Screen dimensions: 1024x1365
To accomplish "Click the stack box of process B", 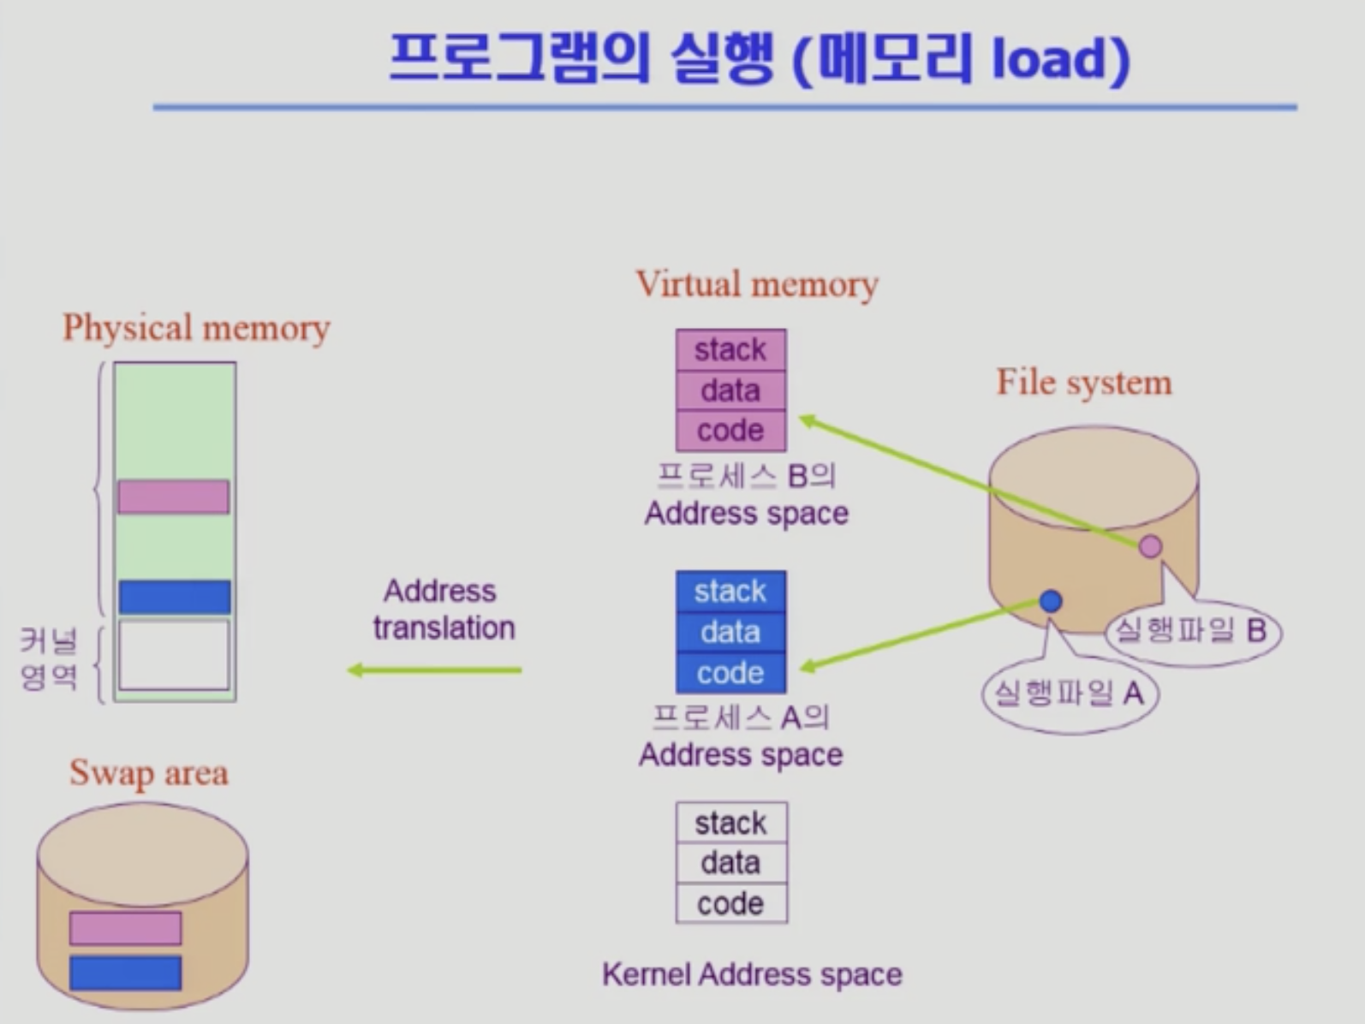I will point(730,349).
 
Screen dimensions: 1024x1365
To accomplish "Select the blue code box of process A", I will point(730,673).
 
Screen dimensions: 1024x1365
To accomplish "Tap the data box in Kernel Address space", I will point(730,862).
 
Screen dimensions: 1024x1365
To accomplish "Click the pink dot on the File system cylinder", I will point(1150,546).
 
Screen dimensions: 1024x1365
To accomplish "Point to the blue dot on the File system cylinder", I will point(1051,601).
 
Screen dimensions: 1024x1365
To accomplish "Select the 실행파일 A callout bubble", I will point(1069,693).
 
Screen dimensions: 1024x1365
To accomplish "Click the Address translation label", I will point(444,610).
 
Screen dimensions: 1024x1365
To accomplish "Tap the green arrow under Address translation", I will point(434,670).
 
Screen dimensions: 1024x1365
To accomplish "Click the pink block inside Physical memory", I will point(174,497).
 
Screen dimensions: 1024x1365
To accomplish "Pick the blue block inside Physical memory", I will point(175,597).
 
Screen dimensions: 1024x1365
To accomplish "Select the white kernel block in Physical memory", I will point(174,655).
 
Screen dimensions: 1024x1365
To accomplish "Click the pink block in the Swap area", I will point(125,928).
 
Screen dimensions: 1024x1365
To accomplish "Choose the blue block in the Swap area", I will point(125,973).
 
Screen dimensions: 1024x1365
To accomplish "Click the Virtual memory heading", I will point(757,284).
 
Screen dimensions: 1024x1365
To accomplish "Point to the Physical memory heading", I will point(196,328).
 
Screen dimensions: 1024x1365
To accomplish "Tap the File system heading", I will point(1083,383).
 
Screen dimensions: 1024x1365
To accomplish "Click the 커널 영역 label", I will point(49,658).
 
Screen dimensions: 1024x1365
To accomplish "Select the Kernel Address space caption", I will point(752,974).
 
